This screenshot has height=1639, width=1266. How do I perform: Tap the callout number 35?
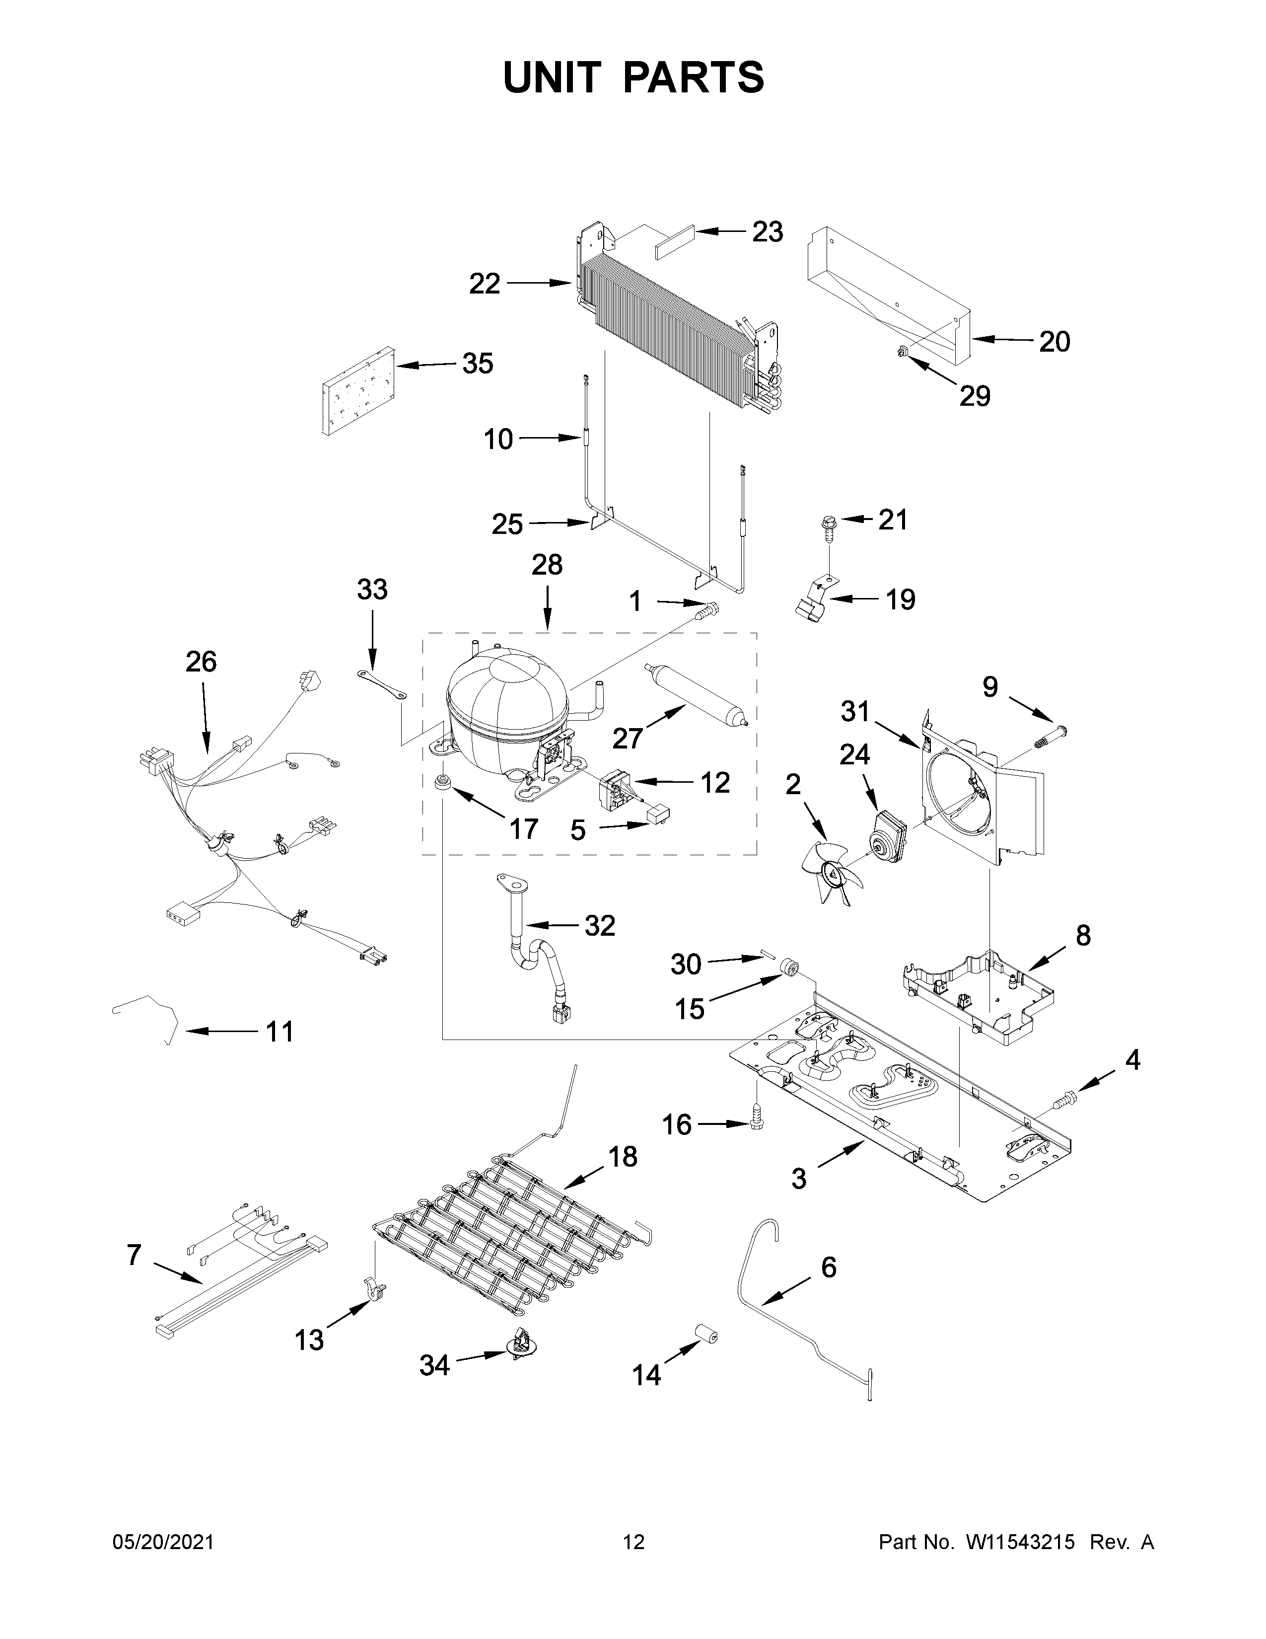coord(477,364)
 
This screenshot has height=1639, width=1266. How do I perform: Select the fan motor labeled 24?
coord(887,834)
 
